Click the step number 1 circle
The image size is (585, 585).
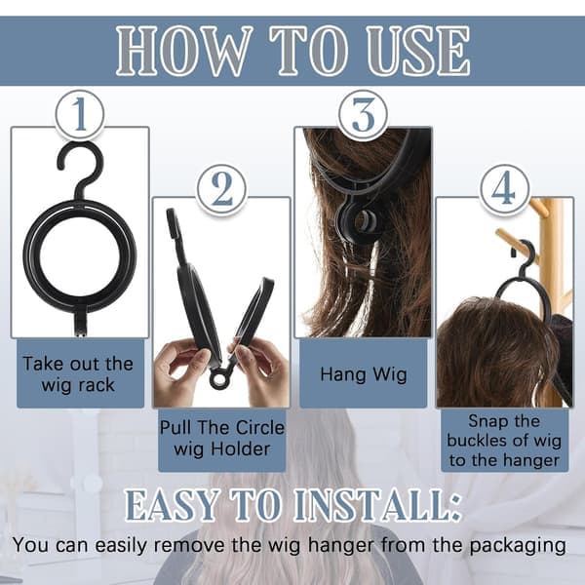(x=80, y=115)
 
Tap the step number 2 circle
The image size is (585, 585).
(x=221, y=189)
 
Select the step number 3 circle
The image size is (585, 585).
(x=364, y=115)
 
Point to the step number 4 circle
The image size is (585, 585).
(x=505, y=189)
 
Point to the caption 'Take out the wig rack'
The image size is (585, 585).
(x=78, y=374)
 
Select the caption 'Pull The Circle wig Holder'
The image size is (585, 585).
(x=222, y=438)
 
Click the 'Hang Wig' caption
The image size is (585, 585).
(x=364, y=374)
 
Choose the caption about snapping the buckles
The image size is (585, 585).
(x=504, y=441)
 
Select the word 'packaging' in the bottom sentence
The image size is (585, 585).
(x=518, y=546)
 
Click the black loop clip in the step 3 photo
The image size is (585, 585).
(x=359, y=222)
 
